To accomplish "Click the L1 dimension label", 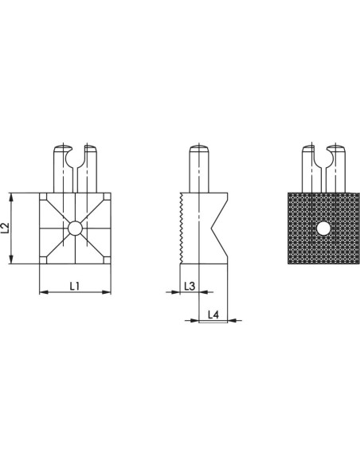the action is coord(74,286).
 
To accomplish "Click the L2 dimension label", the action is coord(6,228).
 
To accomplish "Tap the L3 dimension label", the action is coord(190,286).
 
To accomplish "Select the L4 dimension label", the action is coord(213,315).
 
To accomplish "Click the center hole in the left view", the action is coord(75,229).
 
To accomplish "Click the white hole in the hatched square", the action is coord(323,229).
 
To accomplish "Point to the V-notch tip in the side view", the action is coord(212,229).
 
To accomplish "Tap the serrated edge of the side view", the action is coord(181,229).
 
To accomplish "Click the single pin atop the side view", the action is coord(199,169).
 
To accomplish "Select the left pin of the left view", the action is coord(63,169).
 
